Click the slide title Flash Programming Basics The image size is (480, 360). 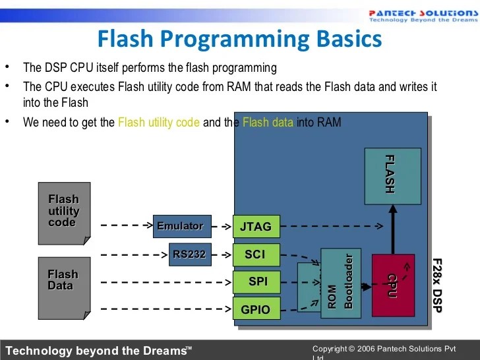tap(239, 39)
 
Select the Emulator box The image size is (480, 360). tap(182, 226)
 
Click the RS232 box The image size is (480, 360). tap(190, 254)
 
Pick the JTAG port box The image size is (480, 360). tap(256, 226)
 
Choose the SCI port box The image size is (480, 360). tap(256, 255)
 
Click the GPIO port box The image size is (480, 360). tap(256, 309)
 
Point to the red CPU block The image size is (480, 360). tap(393, 285)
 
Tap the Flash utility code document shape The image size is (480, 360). tap(64, 214)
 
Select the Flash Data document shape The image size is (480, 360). tap(64, 284)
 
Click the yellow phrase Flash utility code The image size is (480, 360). tap(158, 123)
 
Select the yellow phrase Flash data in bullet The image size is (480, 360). tap(268, 123)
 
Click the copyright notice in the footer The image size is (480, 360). tap(384, 349)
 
